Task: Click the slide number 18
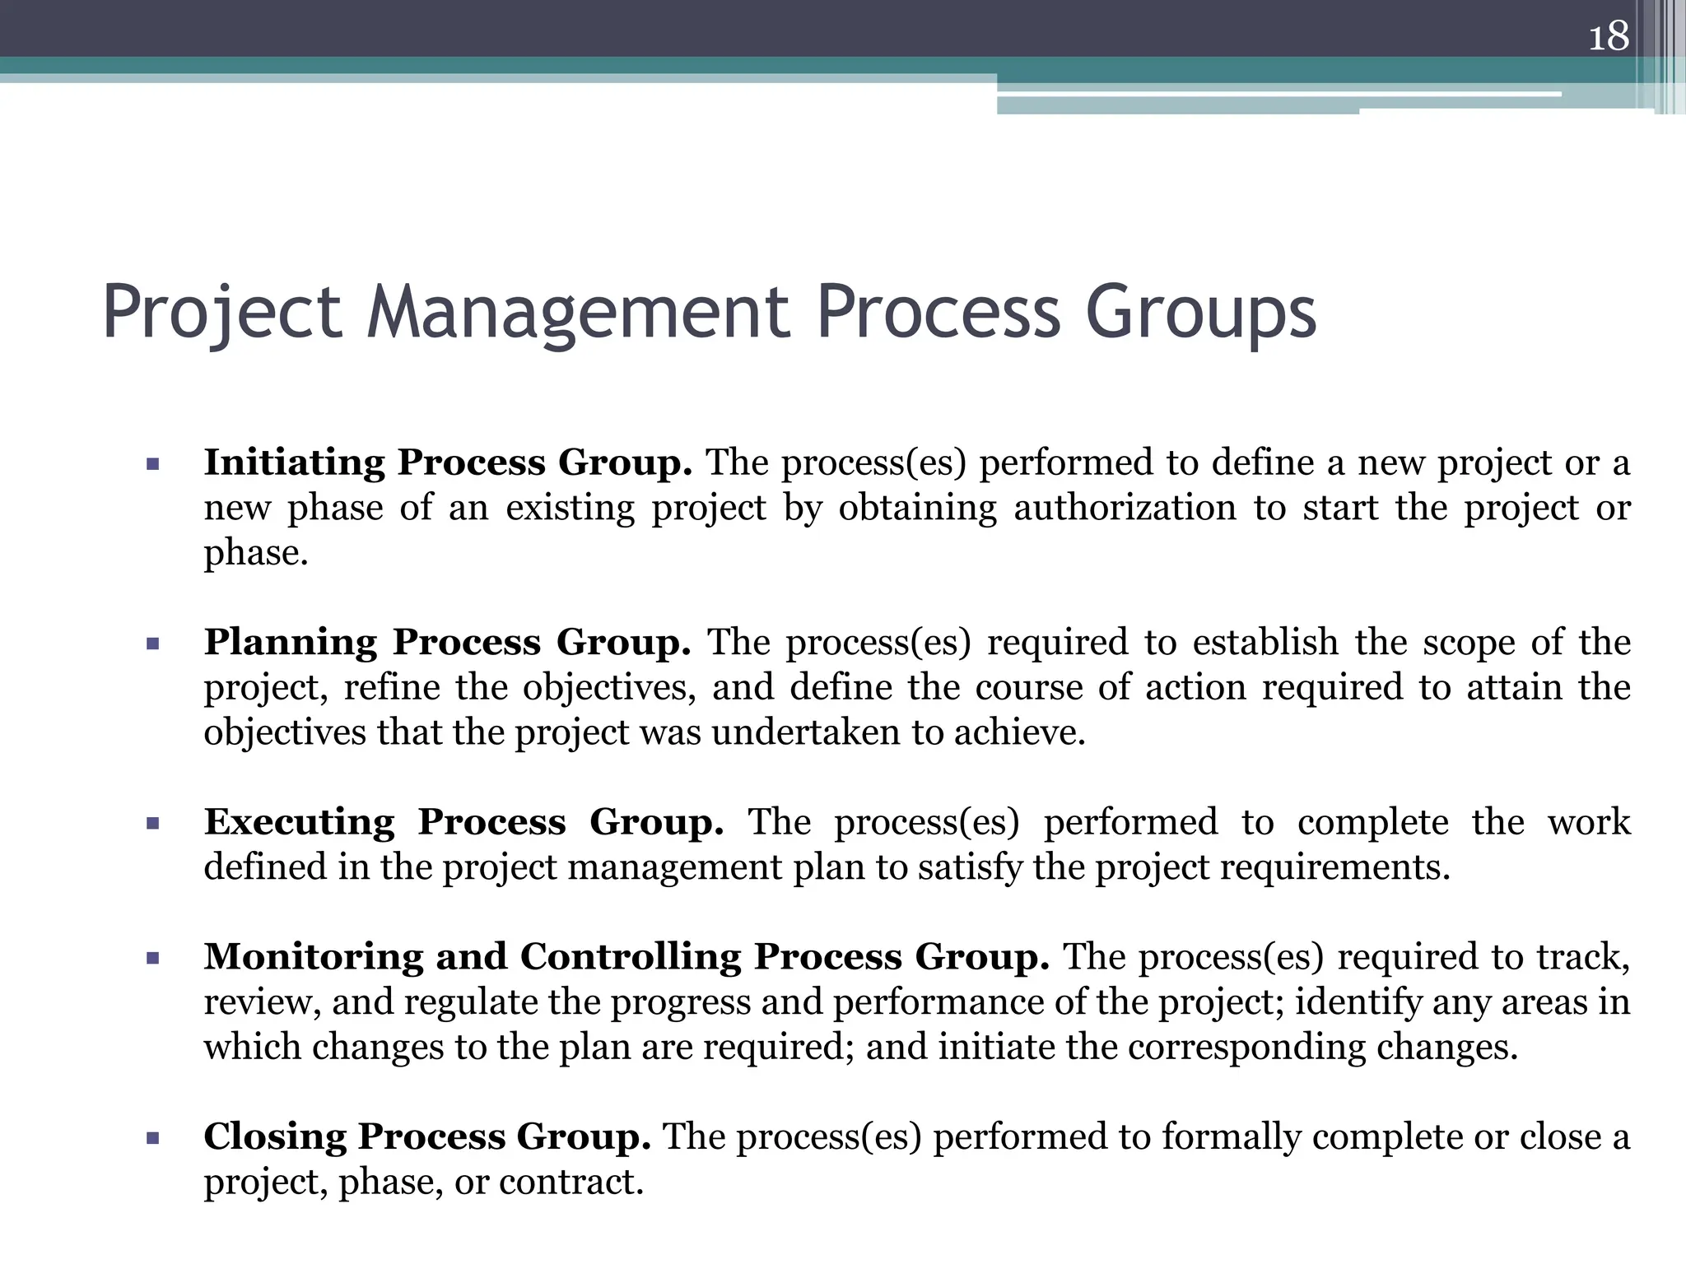pos(1609,37)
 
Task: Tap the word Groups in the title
pos(1201,313)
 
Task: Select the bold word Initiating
pos(294,462)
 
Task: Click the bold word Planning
pos(291,643)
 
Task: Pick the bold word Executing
pos(300,822)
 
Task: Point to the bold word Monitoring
pos(314,957)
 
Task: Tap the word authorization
pos(1125,508)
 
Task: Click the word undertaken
pos(806,732)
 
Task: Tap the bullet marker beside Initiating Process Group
pos(152,464)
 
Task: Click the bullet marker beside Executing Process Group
pos(152,824)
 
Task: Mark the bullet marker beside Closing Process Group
pos(152,1138)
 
